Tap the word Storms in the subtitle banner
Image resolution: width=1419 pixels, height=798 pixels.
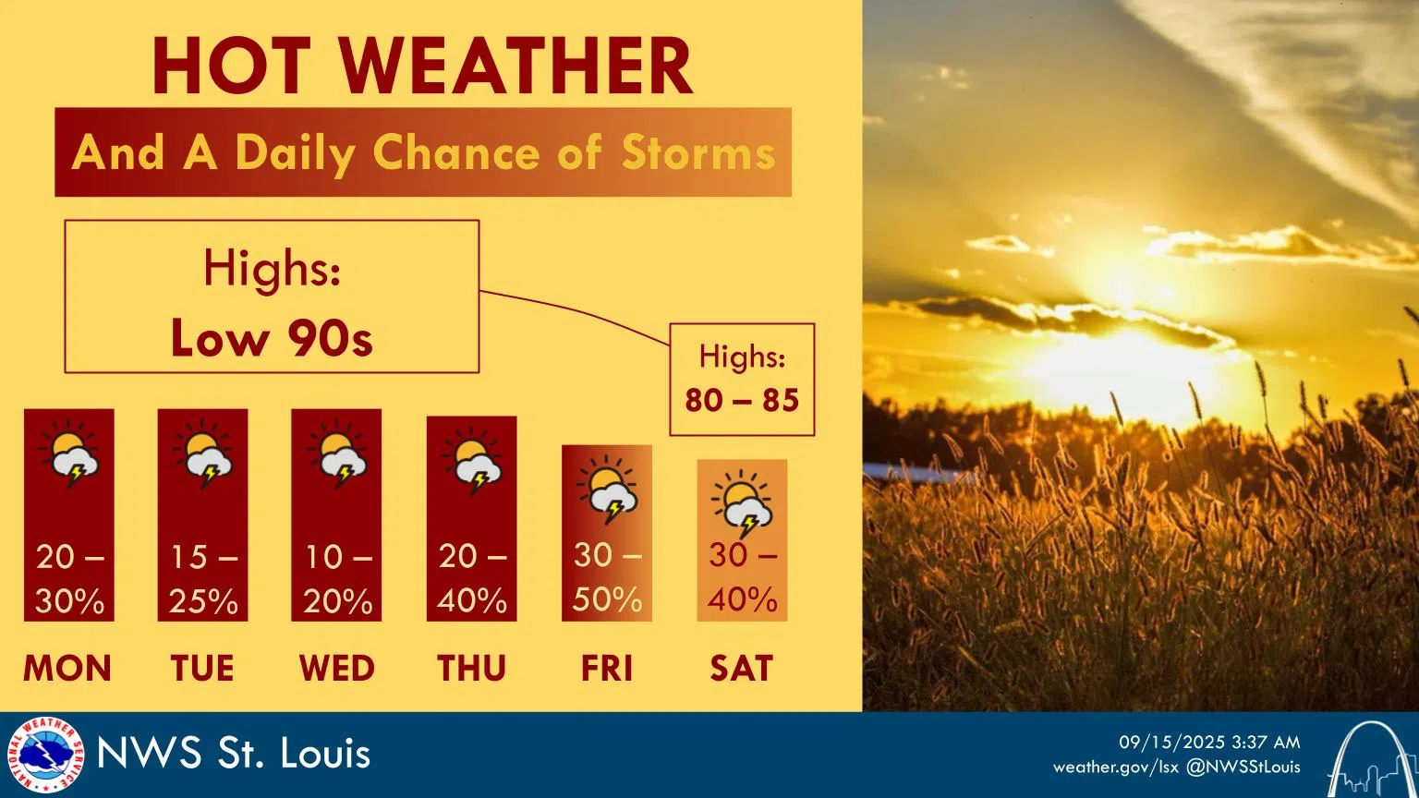click(697, 152)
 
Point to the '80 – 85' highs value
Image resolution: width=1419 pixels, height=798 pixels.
click(742, 400)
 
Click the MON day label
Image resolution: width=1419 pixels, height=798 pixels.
click(67, 668)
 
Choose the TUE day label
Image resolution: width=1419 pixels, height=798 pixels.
click(202, 668)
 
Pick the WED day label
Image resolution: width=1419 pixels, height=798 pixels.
click(336, 668)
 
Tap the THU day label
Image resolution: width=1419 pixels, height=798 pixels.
click(471, 668)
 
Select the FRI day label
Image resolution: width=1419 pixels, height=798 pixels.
click(606, 668)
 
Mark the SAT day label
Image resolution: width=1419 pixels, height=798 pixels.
click(741, 668)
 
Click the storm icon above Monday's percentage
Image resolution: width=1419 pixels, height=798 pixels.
click(69, 455)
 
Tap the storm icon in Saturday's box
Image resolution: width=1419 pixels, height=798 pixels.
click(742, 504)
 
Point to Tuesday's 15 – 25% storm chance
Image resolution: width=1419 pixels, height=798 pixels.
click(203, 579)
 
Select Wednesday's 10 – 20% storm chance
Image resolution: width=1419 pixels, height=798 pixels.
click(337, 579)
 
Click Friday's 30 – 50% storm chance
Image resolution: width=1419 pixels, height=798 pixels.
click(607, 577)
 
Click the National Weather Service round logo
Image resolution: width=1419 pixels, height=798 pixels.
click(44, 755)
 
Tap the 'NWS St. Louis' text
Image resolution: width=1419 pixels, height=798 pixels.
click(234, 754)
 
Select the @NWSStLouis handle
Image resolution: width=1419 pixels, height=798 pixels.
click(1243, 767)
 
